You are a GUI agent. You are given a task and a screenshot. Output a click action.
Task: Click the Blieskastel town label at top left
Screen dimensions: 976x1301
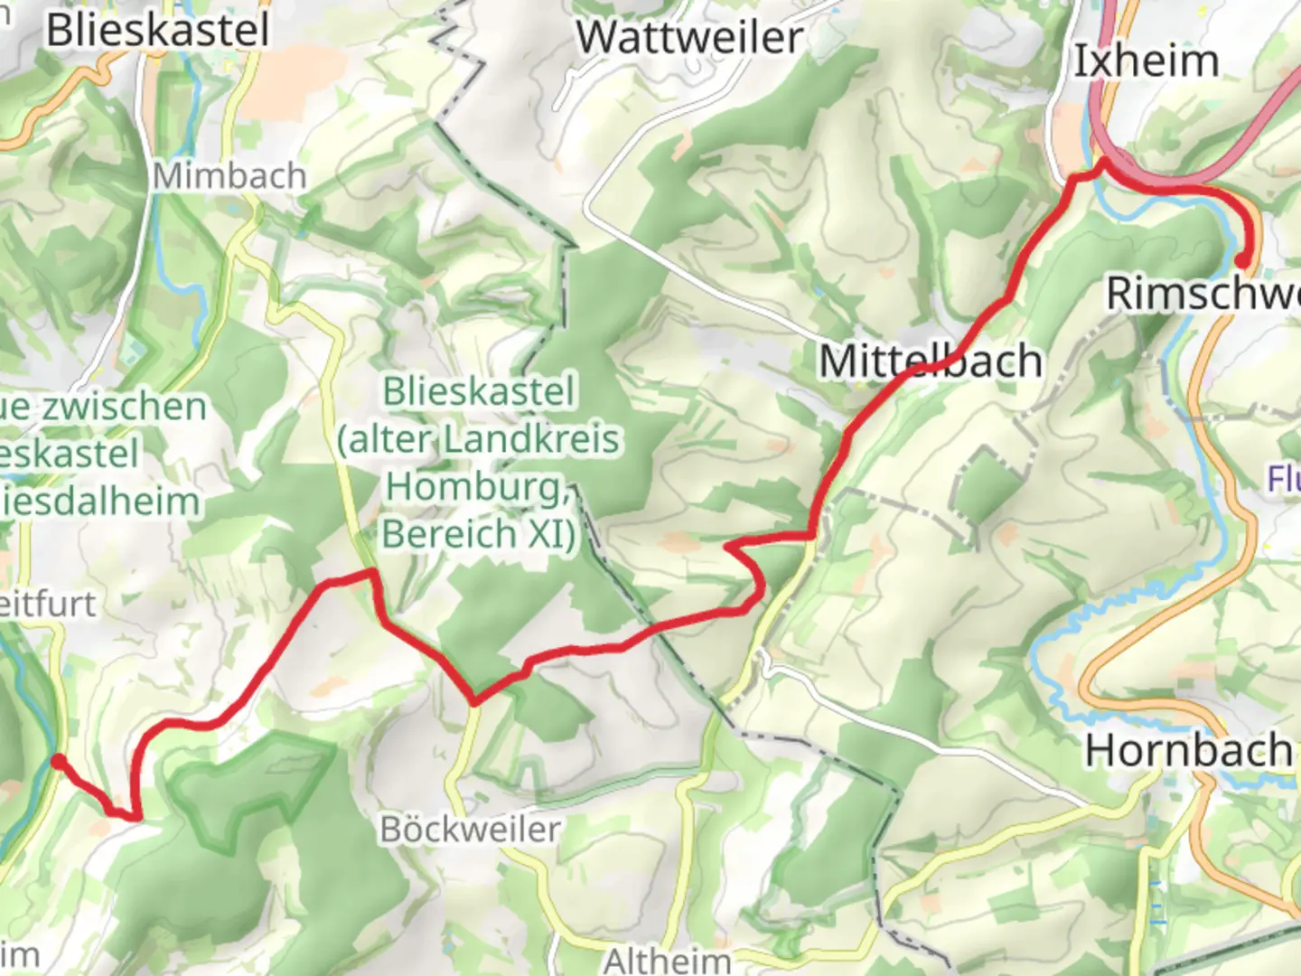[x=158, y=30]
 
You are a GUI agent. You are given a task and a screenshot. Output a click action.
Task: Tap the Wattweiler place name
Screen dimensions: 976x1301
[x=689, y=38]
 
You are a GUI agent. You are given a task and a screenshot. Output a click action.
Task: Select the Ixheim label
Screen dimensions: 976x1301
[x=1146, y=61]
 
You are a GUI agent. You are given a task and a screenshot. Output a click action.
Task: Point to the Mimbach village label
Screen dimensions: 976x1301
[x=229, y=175]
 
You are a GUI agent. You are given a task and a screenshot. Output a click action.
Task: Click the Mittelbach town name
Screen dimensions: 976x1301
[x=931, y=361]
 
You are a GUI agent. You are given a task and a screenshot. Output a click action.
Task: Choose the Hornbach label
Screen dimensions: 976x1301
[x=1188, y=750]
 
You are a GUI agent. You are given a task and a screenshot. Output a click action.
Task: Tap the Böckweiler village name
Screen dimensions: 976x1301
[x=470, y=829]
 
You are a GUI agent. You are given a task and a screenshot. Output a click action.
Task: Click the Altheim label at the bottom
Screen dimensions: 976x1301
[x=667, y=960]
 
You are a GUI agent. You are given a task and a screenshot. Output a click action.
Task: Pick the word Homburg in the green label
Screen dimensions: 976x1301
[x=476, y=486]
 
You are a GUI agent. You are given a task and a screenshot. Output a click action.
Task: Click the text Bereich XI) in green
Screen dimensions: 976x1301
[x=479, y=533]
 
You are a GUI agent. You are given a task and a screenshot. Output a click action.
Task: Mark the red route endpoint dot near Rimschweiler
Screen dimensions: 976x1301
[x=1243, y=261]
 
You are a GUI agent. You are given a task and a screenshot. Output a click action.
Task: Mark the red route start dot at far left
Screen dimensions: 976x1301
[x=58, y=762]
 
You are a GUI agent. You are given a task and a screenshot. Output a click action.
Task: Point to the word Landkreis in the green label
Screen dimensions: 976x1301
[x=530, y=439]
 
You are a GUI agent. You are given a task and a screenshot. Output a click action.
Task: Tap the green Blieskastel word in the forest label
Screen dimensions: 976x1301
[x=479, y=392]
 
